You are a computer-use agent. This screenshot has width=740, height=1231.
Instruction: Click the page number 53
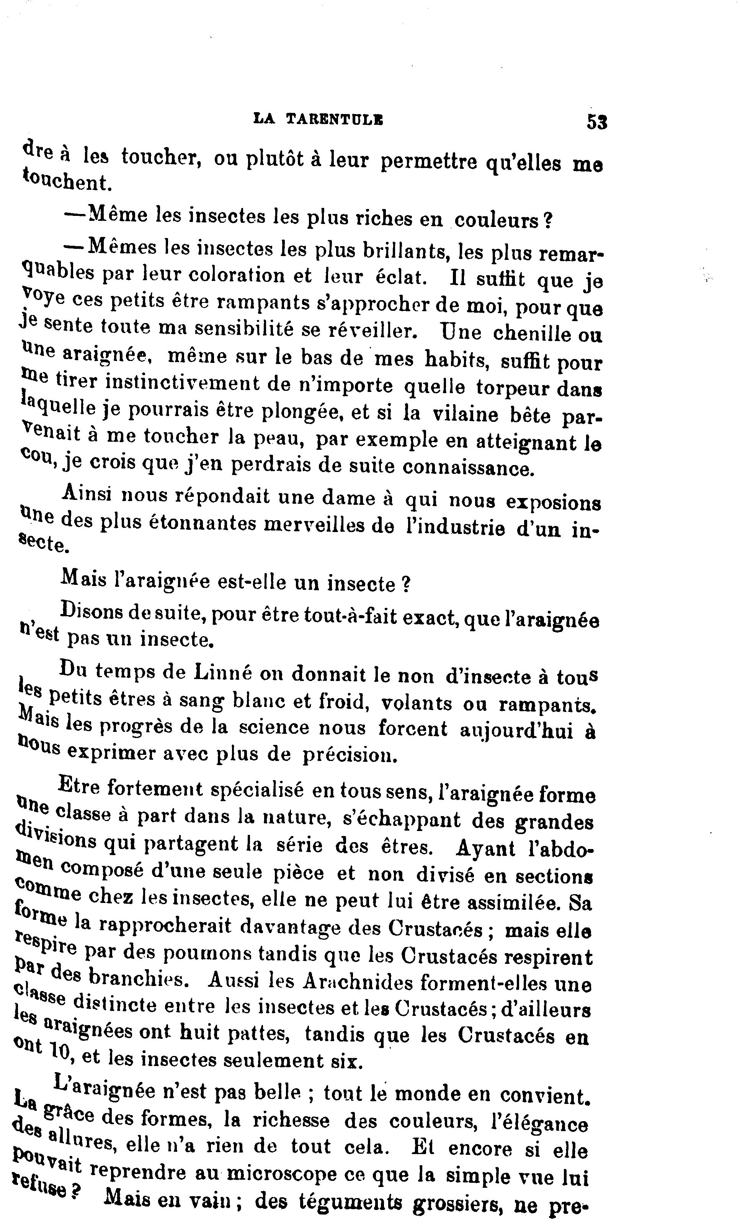point(597,122)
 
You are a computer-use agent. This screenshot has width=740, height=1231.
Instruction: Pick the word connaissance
point(468,467)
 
